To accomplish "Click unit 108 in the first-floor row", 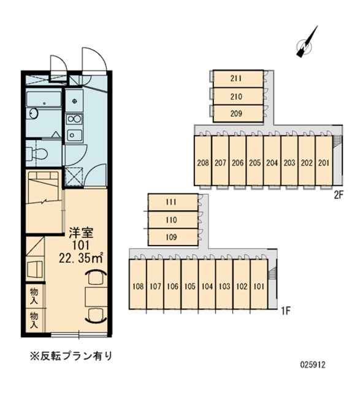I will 138,286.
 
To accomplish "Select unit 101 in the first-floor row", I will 259,286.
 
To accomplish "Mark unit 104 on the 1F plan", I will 207,286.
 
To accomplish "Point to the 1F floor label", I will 285,311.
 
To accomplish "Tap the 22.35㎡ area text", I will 80,257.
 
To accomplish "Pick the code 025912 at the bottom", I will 312,364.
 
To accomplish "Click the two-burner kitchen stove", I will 74,119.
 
